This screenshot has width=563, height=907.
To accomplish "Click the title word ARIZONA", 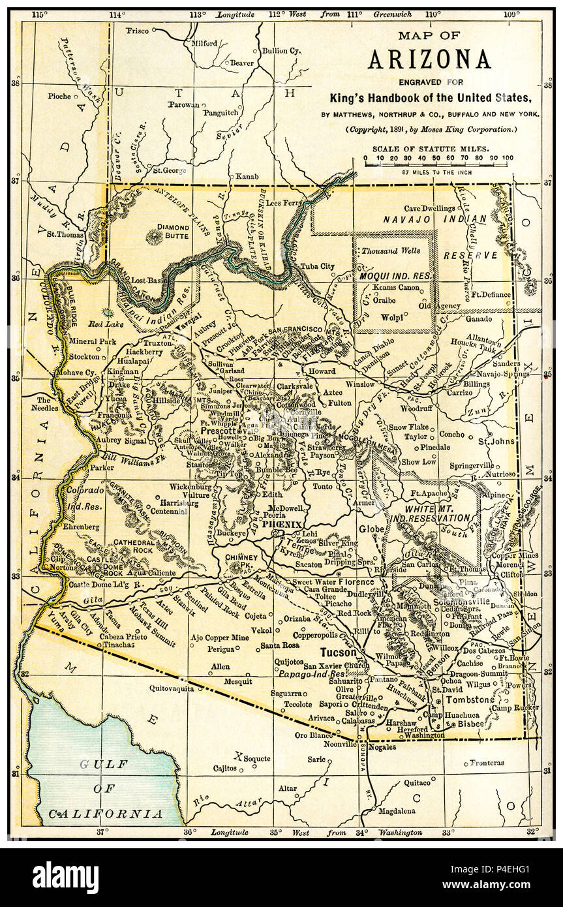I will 429,59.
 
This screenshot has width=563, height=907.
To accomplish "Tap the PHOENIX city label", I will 282,525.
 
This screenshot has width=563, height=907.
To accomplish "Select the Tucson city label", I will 338,652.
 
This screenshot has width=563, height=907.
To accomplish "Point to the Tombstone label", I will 470,699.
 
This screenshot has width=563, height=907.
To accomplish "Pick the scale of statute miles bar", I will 438,164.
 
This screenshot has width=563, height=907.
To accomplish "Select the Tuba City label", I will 317,266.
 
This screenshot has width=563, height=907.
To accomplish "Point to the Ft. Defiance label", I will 491,294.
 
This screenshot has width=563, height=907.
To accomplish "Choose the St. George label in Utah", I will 169,171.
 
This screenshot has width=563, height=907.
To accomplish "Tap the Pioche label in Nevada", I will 59,96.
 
